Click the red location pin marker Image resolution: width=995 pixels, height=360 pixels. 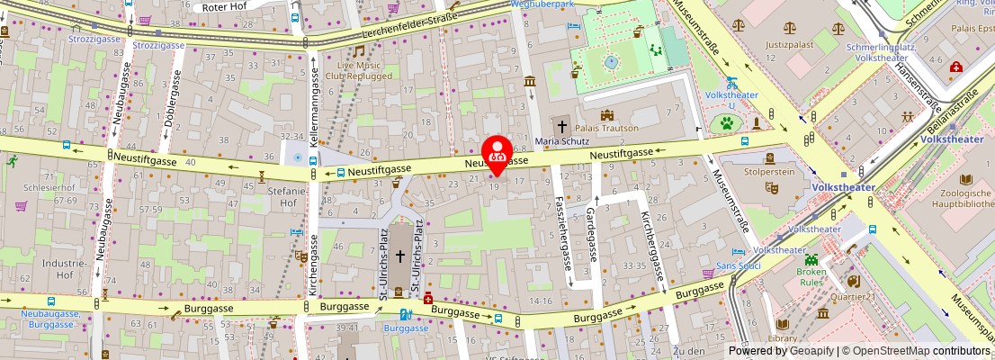pyautogui.click(x=497, y=154)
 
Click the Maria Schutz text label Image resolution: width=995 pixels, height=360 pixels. pyautogui.click(x=561, y=141)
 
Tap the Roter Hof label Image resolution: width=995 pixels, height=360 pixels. pyautogui.click(x=225, y=6)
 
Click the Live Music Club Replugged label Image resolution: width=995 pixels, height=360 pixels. pyautogui.click(x=364, y=70)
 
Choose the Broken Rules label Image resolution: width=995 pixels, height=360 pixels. pyautogui.click(x=811, y=277)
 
